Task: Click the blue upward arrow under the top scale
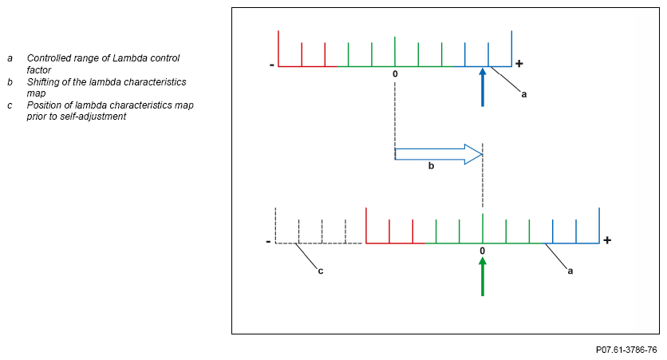coord(482,87)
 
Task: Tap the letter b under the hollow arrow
coord(431,166)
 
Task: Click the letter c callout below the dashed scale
coord(321,271)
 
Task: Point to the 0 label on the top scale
coord(395,73)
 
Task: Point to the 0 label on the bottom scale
coord(482,251)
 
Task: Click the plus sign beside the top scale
coord(519,63)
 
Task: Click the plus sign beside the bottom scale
coord(607,239)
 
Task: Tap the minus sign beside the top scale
coord(272,65)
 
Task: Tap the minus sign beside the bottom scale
coord(268,241)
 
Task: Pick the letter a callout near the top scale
coord(524,94)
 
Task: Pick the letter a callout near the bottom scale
coord(570,271)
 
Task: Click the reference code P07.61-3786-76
coord(626,350)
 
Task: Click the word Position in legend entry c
coord(45,105)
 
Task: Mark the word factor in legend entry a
coord(38,70)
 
